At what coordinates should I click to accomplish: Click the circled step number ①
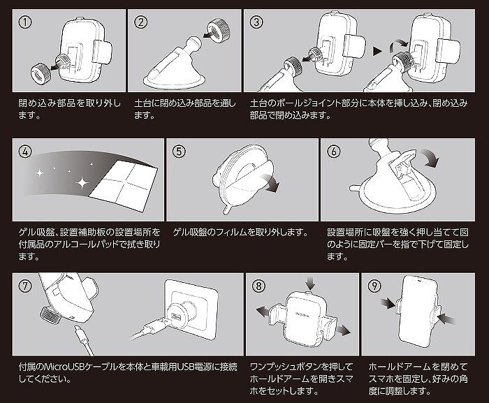(x=25, y=22)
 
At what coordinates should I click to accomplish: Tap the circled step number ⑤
(x=179, y=152)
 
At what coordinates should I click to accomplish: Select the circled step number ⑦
(x=25, y=286)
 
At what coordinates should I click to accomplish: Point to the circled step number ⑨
(x=374, y=286)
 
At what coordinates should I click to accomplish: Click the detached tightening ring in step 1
(x=40, y=73)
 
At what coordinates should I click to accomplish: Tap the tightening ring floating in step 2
(x=220, y=29)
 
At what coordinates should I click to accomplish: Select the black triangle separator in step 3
(x=378, y=51)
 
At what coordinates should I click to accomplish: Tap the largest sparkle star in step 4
(x=82, y=182)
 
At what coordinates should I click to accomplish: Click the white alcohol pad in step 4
(x=124, y=186)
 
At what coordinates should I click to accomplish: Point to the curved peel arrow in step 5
(x=271, y=182)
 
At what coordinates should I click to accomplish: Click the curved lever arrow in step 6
(x=431, y=157)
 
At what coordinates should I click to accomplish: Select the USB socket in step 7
(x=176, y=317)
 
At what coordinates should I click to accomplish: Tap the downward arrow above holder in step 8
(x=310, y=283)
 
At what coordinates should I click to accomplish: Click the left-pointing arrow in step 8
(x=263, y=312)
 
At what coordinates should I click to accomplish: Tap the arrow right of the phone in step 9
(x=446, y=319)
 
